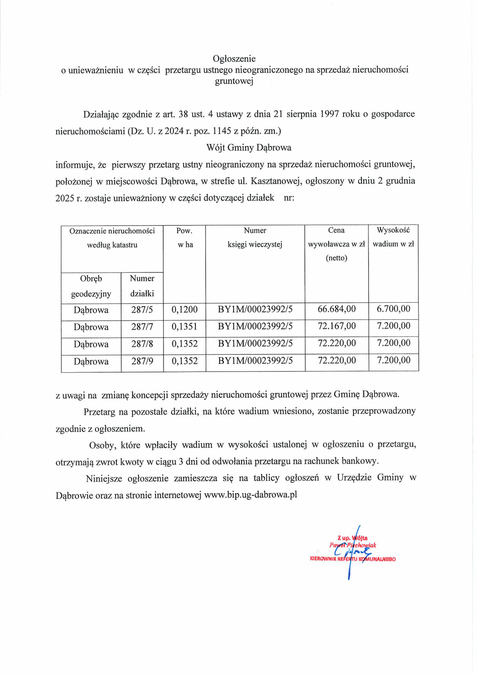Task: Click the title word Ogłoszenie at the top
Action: [234, 58]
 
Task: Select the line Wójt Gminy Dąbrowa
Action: [249, 147]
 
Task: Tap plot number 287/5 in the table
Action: [142, 310]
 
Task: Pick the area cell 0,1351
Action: [184, 327]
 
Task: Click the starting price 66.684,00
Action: [336, 309]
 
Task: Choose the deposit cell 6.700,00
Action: [393, 309]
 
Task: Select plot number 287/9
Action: [142, 361]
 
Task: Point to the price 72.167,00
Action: [336, 326]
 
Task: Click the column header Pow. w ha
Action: [184, 238]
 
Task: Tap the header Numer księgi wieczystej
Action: [255, 238]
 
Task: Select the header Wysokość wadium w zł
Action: [393, 237]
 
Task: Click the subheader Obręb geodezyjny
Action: [91, 286]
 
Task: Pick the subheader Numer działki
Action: [142, 286]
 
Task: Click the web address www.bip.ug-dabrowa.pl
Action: [250, 495]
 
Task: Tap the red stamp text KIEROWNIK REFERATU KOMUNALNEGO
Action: [353, 559]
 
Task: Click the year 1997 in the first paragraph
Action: [329, 114]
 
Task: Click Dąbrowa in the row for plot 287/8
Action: [91, 344]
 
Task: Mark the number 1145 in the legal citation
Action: [222, 131]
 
